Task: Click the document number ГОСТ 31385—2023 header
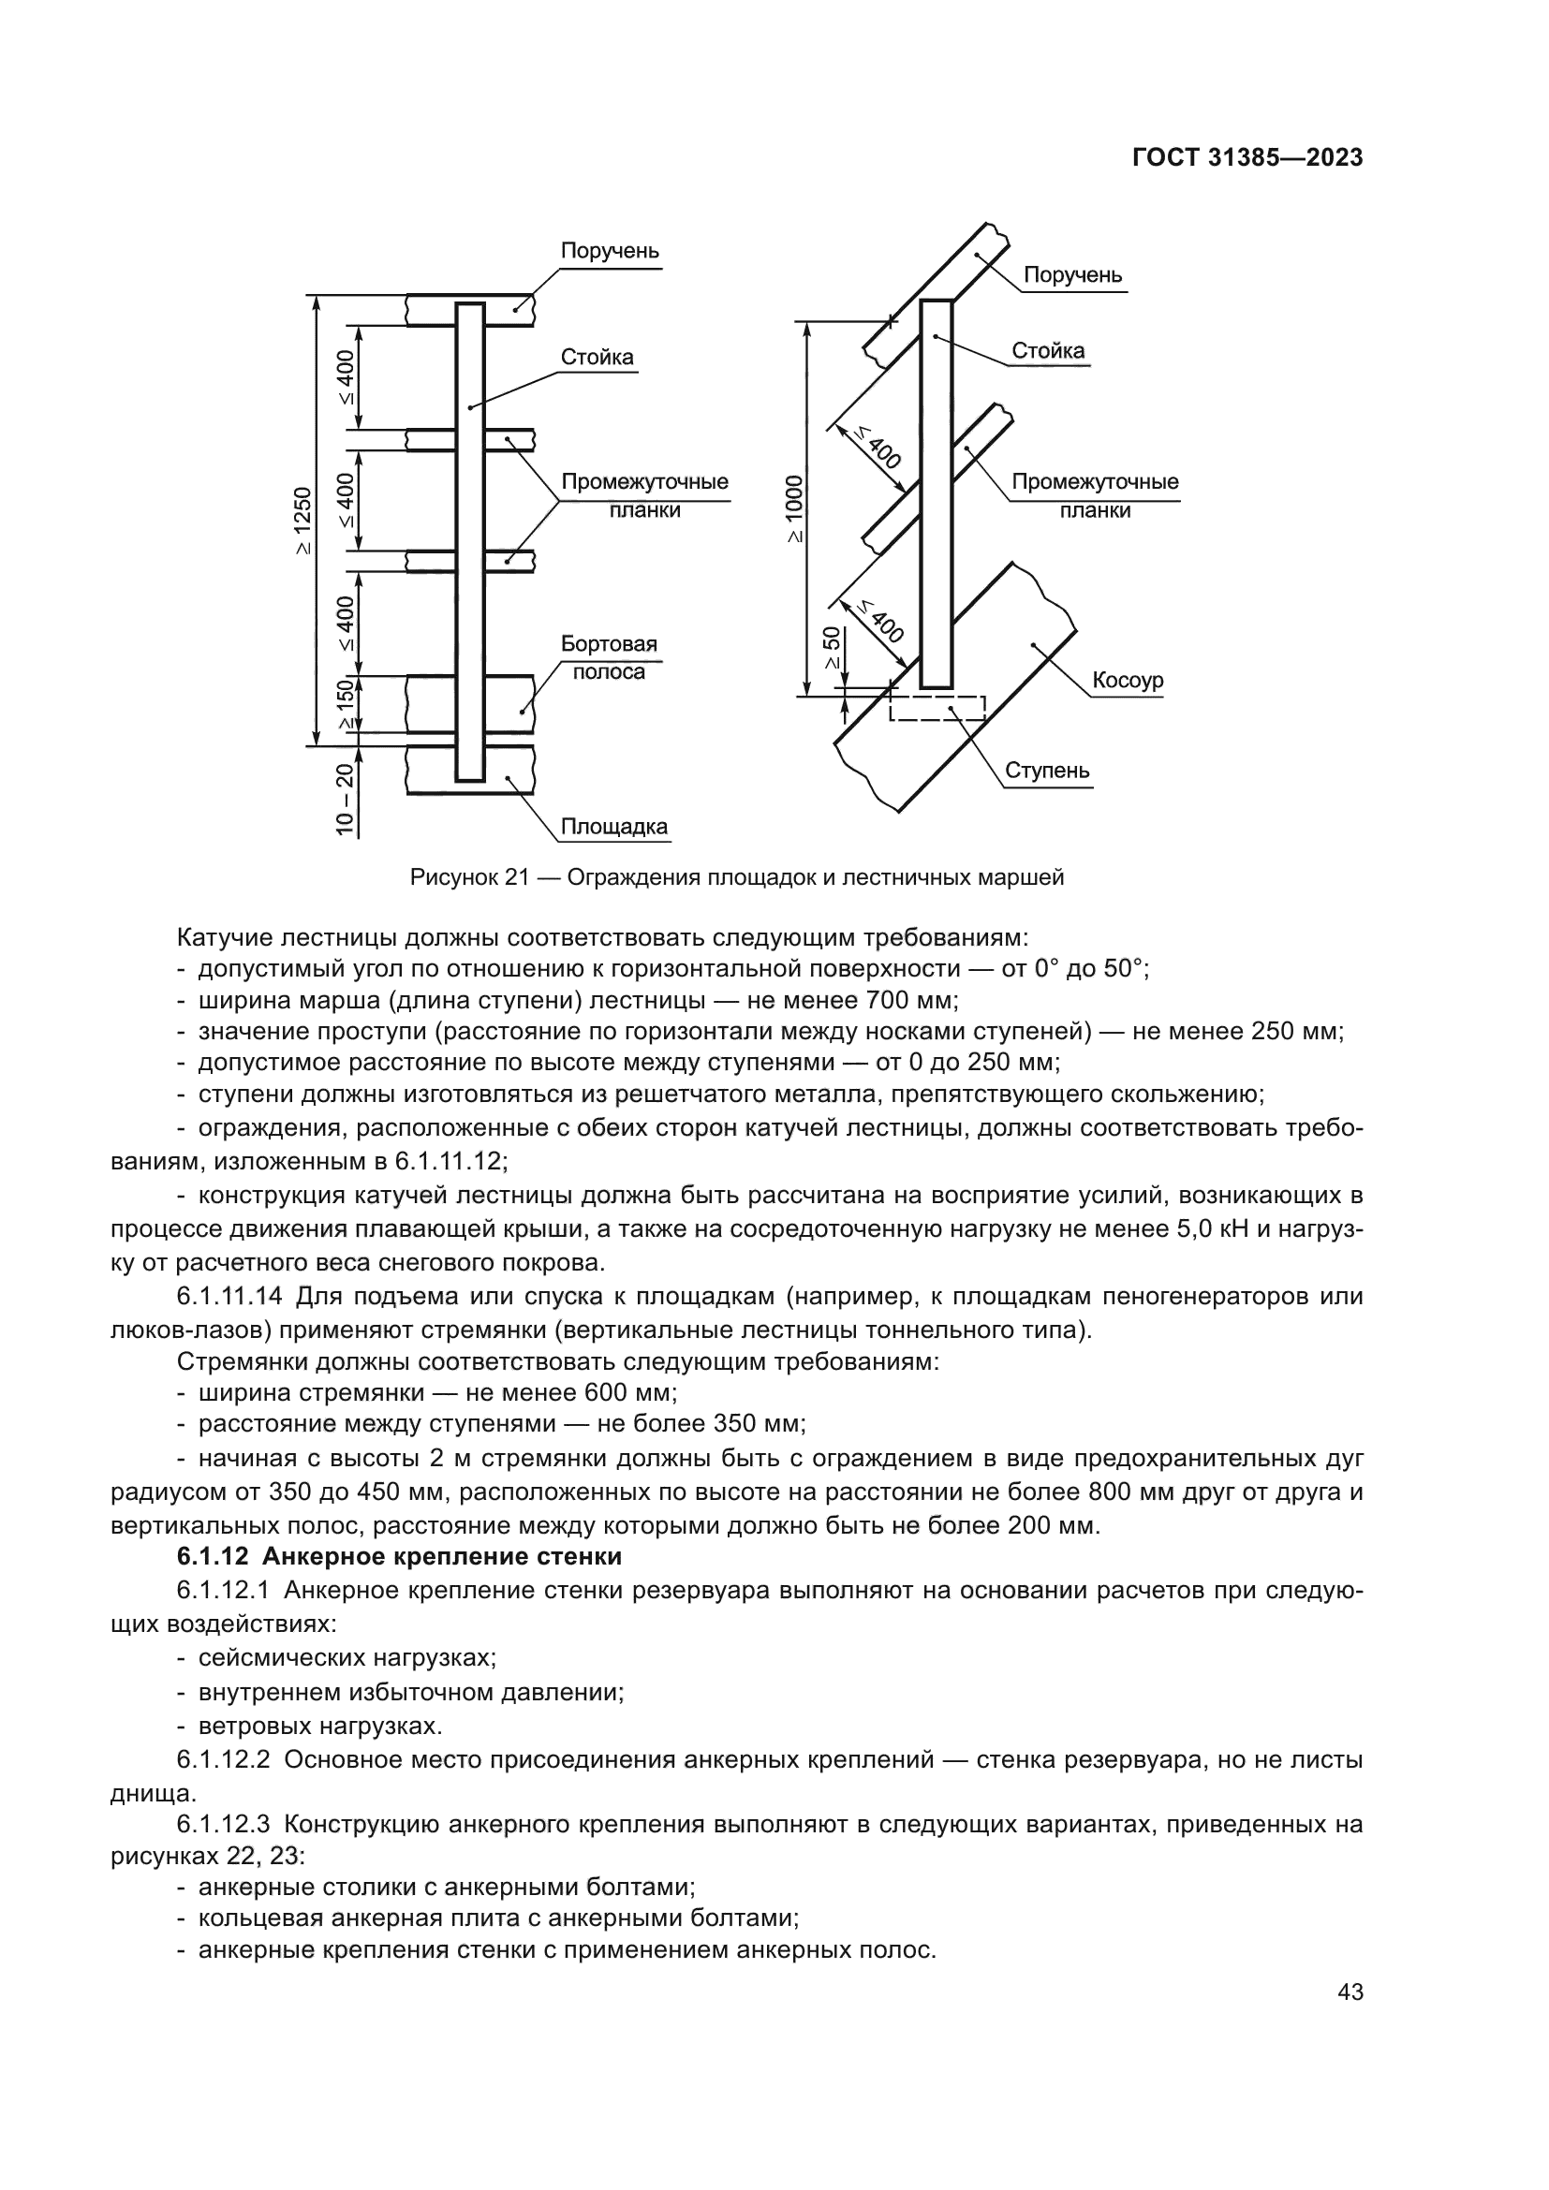1247,158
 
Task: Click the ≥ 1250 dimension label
302,521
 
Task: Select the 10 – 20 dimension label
345,800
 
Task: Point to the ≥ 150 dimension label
346,705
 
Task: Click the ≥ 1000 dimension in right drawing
794,509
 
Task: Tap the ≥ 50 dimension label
832,650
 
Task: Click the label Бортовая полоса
608,657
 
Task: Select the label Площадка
613,826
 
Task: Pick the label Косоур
1127,680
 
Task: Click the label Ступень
1046,771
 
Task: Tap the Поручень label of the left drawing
610,251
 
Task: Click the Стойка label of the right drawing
1047,350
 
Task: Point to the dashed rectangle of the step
937,708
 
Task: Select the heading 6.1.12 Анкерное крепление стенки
399,1557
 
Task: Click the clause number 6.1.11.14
229,1296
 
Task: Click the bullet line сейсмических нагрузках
347,1658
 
